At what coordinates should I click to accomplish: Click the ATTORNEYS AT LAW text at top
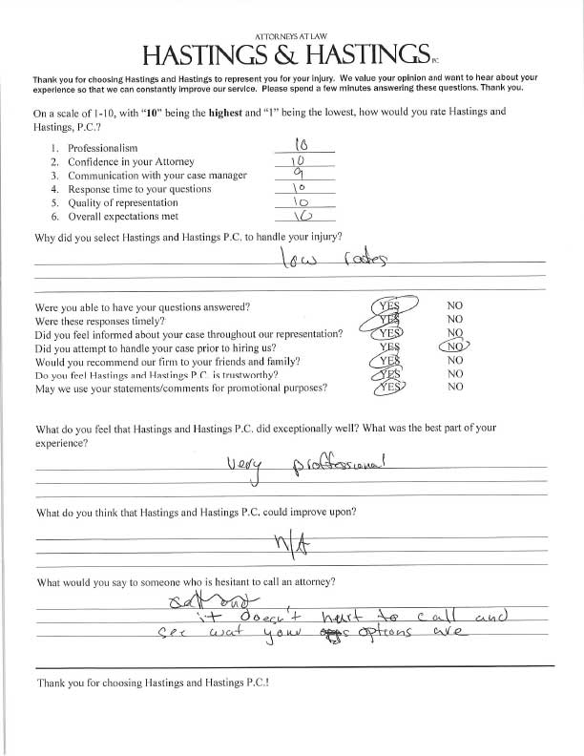pyautogui.click(x=292, y=34)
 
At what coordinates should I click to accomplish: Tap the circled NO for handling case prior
pyautogui.click(x=457, y=347)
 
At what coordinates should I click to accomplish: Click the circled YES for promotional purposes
pyautogui.click(x=387, y=388)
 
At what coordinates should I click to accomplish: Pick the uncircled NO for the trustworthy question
pyautogui.click(x=455, y=374)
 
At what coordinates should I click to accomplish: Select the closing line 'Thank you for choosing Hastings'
pyautogui.click(x=153, y=683)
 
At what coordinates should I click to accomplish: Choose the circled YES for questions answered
pyautogui.click(x=386, y=306)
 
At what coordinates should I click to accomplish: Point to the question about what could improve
pyautogui.click(x=196, y=514)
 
